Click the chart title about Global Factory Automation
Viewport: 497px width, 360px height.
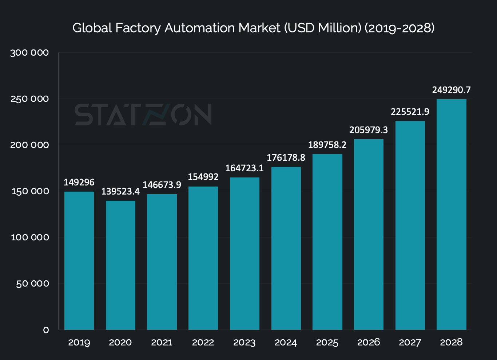[x=253, y=28]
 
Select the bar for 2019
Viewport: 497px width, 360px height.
[x=79, y=260]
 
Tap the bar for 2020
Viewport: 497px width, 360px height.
[x=120, y=265]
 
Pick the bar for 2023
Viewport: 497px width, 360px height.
[x=244, y=253]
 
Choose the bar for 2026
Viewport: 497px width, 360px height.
[x=369, y=235]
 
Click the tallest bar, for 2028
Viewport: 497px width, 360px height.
[x=451, y=215]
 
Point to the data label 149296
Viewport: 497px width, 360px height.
[x=79, y=182]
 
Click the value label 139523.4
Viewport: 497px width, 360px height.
[x=120, y=191]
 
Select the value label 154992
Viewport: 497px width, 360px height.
[x=203, y=177]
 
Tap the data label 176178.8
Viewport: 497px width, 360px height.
[x=286, y=157]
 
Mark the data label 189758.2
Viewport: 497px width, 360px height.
[x=327, y=145]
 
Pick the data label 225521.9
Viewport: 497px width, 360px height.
[x=410, y=112]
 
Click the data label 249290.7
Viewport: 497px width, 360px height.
[x=451, y=90]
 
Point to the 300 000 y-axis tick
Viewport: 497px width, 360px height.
[x=29, y=53]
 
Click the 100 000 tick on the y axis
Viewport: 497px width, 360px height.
[x=30, y=237]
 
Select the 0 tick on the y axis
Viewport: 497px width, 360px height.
[x=46, y=330]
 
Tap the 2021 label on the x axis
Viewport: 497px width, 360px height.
[x=162, y=343]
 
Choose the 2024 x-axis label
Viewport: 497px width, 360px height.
[x=286, y=343]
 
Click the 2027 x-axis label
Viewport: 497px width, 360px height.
[x=410, y=343]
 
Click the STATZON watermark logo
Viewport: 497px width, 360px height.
[x=143, y=115]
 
